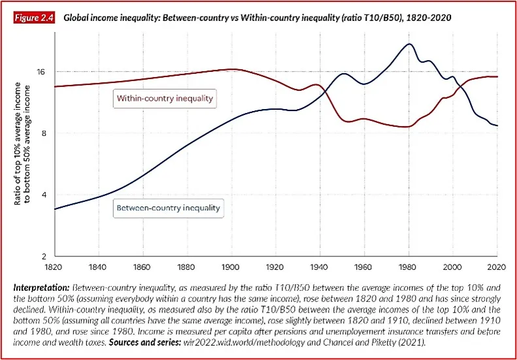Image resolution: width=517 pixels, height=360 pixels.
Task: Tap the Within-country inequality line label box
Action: (165, 99)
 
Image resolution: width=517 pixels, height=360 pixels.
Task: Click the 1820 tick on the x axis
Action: (54, 267)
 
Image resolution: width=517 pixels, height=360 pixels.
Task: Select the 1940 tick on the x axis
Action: (320, 267)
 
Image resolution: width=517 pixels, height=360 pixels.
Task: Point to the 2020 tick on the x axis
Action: (497, 267)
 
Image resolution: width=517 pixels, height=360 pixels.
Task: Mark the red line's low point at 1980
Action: (408, 127)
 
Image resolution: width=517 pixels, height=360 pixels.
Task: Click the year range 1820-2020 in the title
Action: (429, 18)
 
